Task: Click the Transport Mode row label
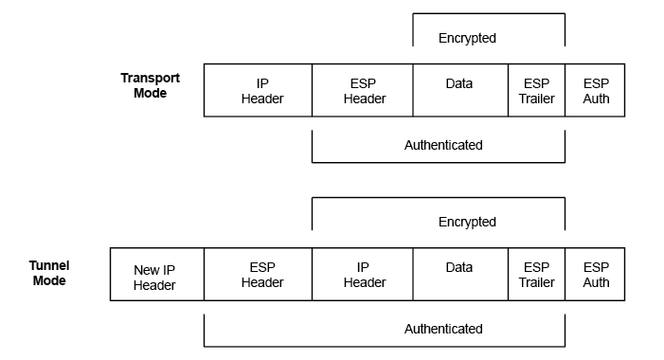tap(150, 85)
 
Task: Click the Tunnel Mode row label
tap(49, 274)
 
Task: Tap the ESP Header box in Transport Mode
tap(362, 91)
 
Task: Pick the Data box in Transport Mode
tap(459, 90)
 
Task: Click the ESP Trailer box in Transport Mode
tap(536, 91)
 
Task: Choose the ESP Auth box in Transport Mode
tap(596, 91)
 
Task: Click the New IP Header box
tap(154, 277)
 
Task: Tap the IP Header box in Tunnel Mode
tap(364, 275)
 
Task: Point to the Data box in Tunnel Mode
tap(459, 275)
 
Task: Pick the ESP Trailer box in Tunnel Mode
tap(536, 275)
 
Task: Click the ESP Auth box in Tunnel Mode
tap(596, 275)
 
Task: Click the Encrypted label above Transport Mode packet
tap(467, 38)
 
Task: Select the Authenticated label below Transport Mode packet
tap(443, 145)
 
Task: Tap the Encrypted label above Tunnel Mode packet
tap(467, 222)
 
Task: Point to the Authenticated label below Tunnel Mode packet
tap(443, 329)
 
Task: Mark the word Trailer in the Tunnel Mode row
tap(537, 282)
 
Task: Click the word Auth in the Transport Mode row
tap(597, 99)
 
